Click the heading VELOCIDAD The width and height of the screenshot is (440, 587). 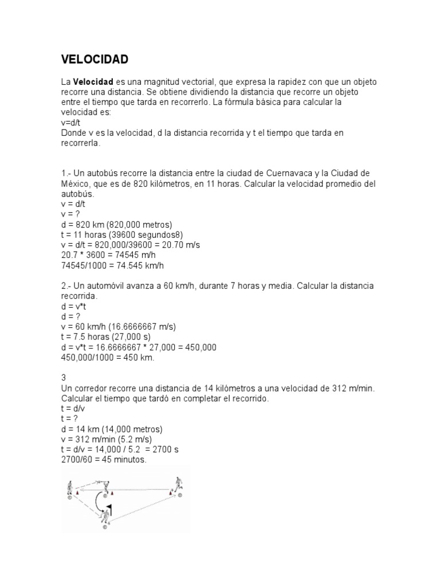[95, 60]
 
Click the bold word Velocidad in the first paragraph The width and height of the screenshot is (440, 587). [93, 82]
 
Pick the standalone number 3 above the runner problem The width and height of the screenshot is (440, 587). [64, 378]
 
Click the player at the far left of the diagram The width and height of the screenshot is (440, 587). [70, 488]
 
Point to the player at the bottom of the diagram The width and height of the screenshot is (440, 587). [105, 519]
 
